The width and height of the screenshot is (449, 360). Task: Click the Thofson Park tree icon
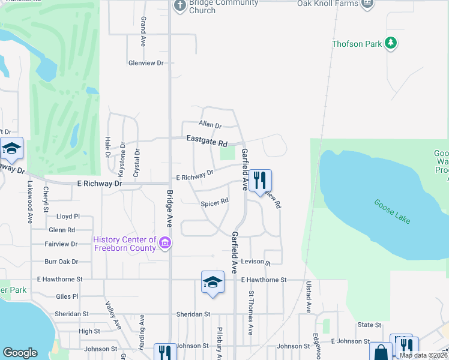pos(391,43)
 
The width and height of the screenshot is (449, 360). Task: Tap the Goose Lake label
pos(393,212)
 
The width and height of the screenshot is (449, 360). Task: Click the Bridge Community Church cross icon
pos(179,6)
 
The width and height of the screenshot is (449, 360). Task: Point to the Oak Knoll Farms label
pos(328,4)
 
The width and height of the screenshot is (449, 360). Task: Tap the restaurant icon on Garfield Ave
pos(260,180)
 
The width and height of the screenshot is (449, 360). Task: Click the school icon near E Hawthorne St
pos(212,282)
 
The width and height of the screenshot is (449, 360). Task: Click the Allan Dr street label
pos(210,125)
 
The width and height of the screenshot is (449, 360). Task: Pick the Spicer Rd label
pos(214,202)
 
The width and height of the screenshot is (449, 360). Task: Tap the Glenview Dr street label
pos(146,63)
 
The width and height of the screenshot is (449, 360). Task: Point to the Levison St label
pos(256,263)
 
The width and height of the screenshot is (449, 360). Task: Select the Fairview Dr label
pos(61,244)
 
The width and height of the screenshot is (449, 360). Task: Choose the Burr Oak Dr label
pos(61,262)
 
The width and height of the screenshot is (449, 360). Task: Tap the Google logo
pos(20,353)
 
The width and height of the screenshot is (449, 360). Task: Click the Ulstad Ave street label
pos(309,297)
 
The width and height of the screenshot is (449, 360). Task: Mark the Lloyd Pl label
pos(68,216)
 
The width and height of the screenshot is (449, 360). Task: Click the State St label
pos(369,325)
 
